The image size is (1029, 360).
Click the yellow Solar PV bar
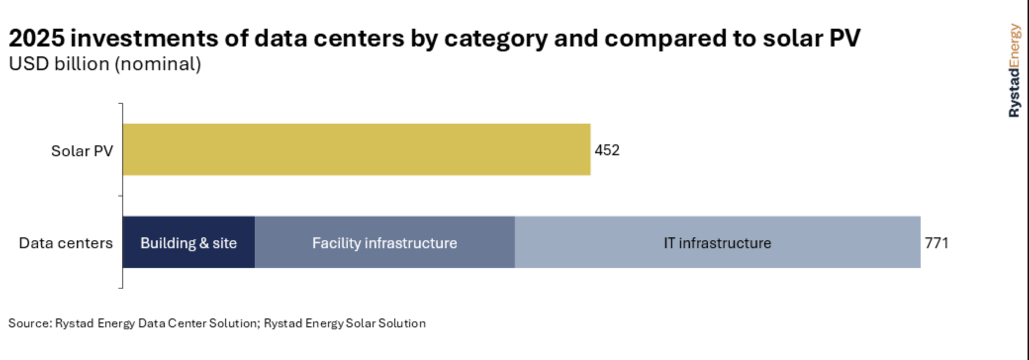tap(356, 149)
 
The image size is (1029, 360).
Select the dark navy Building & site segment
tap(188, 242)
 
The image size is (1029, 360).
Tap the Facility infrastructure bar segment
tap(384, 242)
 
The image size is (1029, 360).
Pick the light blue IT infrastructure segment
tap(717, 242)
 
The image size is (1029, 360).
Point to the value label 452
tap(607, 150)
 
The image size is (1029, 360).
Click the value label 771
tap(936, 243)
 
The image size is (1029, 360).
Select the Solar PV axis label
tap(82, 151)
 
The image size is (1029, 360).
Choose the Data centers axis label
tap(66, 243)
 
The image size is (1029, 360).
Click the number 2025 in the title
tap(37, 38)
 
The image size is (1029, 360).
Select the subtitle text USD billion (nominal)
tap(105, 64)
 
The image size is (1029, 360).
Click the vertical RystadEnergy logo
tap(1014, 71)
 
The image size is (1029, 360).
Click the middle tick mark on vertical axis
tap(120, 196)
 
